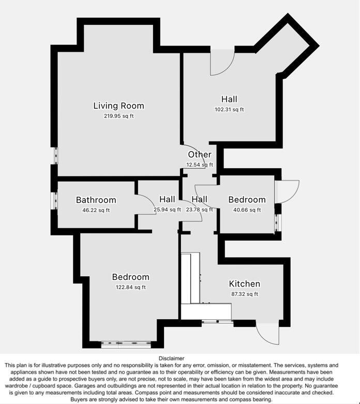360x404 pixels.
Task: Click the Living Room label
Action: point(118,106)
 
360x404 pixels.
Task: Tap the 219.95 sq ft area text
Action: point(118,116)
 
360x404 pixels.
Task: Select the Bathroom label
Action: point(96,200)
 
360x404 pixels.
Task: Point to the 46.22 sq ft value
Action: point(96,211)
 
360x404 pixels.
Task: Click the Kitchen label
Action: point(244,284)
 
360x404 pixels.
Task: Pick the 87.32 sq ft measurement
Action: point(244,294)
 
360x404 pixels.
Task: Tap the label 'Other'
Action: point(200,154)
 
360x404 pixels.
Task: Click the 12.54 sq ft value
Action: point(200,165)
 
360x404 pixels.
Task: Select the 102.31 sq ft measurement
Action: point(229,110)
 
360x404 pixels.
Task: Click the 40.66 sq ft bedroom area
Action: point(247,210)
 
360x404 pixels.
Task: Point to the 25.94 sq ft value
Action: point(167,210)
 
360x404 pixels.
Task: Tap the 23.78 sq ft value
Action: point(199,210)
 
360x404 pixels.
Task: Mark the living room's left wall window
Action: point(55,155)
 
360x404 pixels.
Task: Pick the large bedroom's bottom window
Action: point(126,343)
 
